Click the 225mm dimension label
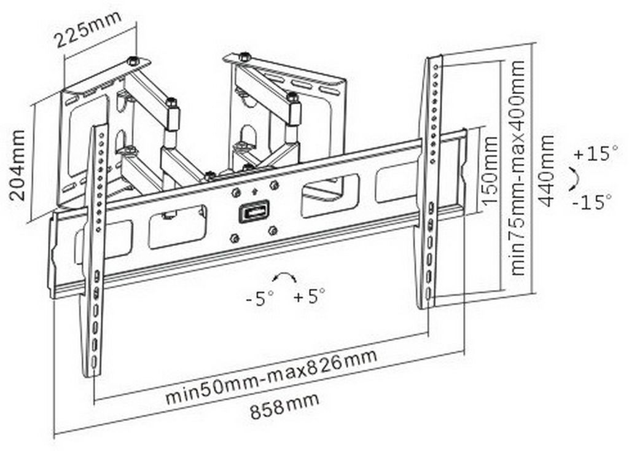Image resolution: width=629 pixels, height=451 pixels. click(87, 29)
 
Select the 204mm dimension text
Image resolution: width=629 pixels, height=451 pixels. click(17, 165)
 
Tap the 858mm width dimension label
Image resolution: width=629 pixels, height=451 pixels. click(285, 406)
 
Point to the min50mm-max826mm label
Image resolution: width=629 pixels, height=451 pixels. click(272, 377)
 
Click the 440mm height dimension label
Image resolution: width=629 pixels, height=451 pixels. click(545, 171)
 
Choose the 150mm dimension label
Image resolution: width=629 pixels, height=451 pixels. click(490, 171)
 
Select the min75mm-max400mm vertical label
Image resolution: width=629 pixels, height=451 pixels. click(518, 168)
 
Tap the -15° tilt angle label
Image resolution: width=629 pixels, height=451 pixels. click(592, 202)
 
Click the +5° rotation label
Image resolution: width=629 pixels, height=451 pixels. click(309, 297)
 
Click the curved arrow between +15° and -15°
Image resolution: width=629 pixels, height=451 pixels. click(574, 178)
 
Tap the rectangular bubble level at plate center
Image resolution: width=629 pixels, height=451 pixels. click(254, 211)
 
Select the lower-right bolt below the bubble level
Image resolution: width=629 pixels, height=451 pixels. click(273, 230)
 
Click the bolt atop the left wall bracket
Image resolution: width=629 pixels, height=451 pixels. click(132, 61)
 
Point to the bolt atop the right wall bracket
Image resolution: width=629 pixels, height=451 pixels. click(244, 57)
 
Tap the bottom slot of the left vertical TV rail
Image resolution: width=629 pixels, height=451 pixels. click(94, 363)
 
